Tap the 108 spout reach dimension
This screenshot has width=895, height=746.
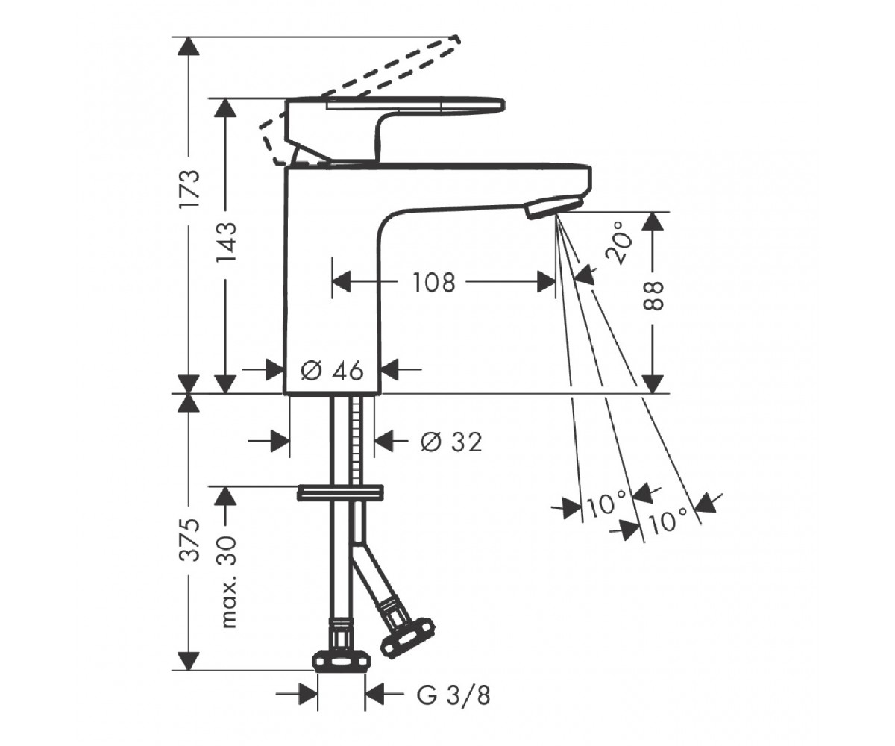[x=433, y=283]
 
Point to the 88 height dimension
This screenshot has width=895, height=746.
[x=653, y=296]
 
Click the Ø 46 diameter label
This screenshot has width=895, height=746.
[x=332, y=371]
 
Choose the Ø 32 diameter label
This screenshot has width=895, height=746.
[x=451, y=442]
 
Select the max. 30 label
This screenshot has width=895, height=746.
[x=226, y=581]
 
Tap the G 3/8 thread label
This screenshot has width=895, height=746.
[x=453, y=695]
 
